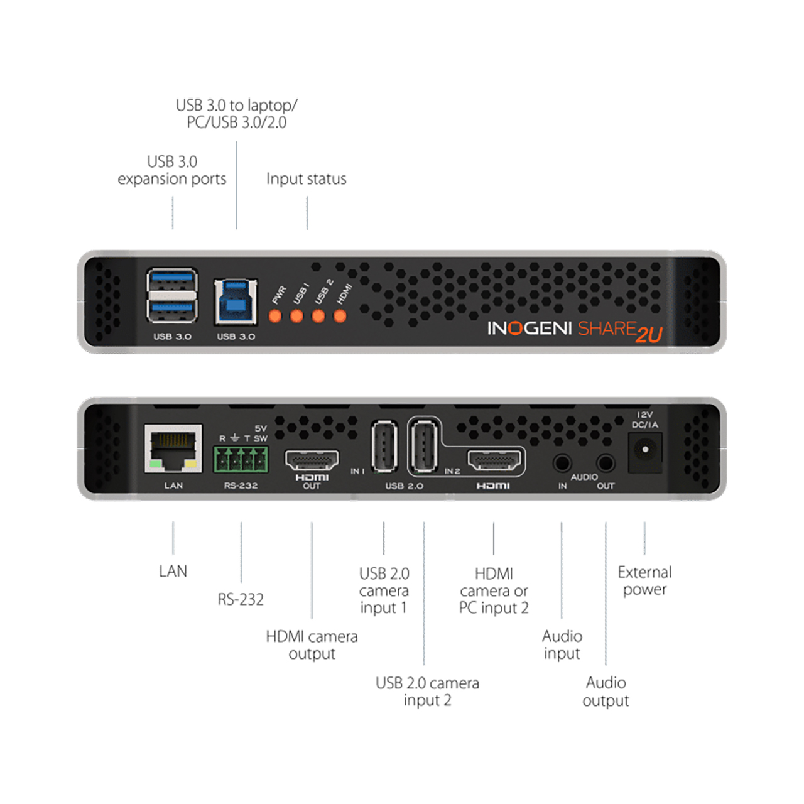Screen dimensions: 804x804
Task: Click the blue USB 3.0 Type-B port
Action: (236, 301)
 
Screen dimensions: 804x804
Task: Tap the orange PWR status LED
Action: (275, 316)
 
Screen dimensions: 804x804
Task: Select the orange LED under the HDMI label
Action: (340, 316)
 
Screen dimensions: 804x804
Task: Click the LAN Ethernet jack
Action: (173, 448)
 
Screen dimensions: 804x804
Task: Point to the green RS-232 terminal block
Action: (241, 459)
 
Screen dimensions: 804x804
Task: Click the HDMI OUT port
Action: (312, 460)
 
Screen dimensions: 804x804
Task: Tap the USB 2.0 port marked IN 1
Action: (384, 446)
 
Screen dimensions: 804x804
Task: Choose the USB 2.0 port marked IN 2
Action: (425, 446)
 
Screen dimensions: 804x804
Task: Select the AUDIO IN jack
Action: (562, 463)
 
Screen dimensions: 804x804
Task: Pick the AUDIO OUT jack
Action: (606, 463)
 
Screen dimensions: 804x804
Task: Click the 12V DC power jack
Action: (645, 452)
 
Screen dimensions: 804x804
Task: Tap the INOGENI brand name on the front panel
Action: (530, 329)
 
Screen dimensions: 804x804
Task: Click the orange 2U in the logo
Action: (649, 334)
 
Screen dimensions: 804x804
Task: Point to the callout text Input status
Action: (307, 179)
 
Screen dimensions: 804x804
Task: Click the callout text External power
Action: (644, 581)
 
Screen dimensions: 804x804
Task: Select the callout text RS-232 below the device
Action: (241, 600)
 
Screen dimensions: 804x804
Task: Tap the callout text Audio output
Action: (606, 692)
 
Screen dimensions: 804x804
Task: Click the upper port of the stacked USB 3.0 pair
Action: (172, 280)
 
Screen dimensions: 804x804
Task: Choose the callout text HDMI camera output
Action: (312, 645)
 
